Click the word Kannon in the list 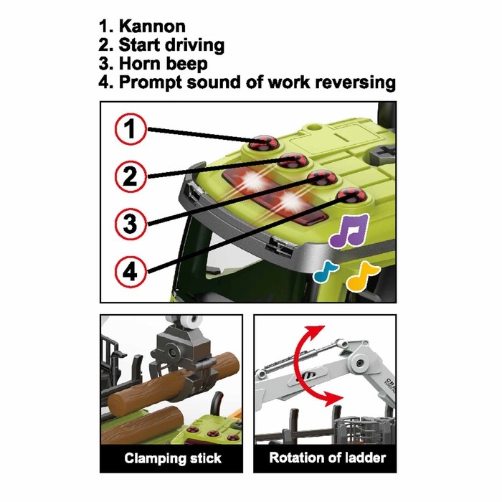click(152, 27)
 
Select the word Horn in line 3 click(140, 63)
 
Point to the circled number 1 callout click(130, 129)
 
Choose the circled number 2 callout click(130, 176)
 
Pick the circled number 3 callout click(130, 224)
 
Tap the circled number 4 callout click(130, 271)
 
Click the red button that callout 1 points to click(264, 143)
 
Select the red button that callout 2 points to click(292, 161)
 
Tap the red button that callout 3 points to click(321, 178)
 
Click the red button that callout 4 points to click(351, 196)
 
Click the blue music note click(326, 272)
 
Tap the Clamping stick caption click(173, 458)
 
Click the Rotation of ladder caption click(327, 458)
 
